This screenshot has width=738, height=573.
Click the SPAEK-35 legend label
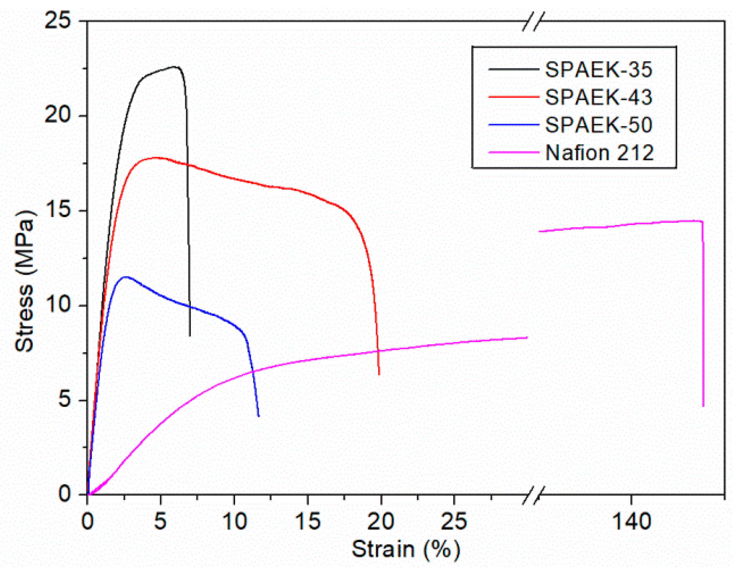click(x=598, y=69)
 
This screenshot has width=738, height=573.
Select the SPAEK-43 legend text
click(x=598, y=97)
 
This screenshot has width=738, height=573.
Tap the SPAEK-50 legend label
click(x=598, y=125)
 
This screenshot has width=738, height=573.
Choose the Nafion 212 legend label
click(x=599, y=153)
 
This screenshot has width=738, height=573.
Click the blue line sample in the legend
click(x=513, y=125)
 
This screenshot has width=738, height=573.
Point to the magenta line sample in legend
click(x=513, y=153)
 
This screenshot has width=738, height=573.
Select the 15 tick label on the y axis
click(x=58, y=210)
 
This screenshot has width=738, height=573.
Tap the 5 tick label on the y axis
click(x=65, y=400)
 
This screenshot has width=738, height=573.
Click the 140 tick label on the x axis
click(x=631, y=522)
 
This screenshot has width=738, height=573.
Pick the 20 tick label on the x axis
click(x=380, y=522)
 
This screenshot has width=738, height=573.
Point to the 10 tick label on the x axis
click(x=234, y=522)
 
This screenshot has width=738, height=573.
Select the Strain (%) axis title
click(x=406, y=549)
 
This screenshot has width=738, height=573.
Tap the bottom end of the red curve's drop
click(x=379, y=374)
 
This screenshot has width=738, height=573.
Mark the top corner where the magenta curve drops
click(x=702, y=222)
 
